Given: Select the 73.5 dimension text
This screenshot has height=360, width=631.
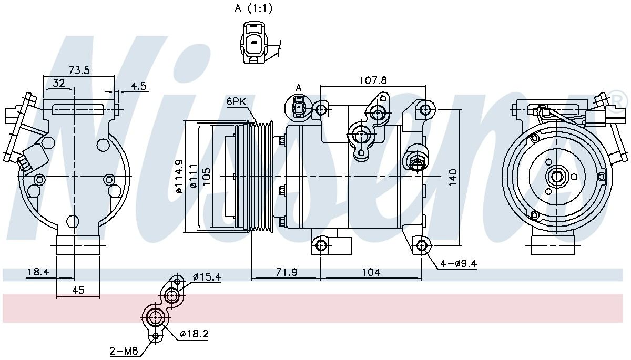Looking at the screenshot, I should [x=79, y=70].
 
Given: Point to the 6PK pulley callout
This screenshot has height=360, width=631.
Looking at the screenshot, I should [x=237, y=102].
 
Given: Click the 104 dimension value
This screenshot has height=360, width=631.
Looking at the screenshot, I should [x=371, y=272].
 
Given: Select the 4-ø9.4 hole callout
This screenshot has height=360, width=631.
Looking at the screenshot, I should [x=459, y=264].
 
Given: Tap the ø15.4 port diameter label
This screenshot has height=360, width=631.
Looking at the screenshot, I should [x=206, y=277].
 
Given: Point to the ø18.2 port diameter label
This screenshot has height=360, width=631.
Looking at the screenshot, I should [x=194, y=334].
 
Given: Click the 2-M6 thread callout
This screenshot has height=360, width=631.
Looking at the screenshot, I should [x=124, y=351].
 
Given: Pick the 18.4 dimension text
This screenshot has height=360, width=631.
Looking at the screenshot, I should [x=38, y=272].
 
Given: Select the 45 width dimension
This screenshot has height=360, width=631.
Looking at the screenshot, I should [x=78, y=290].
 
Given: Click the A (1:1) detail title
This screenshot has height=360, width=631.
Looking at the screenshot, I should [x=253, y=8].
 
